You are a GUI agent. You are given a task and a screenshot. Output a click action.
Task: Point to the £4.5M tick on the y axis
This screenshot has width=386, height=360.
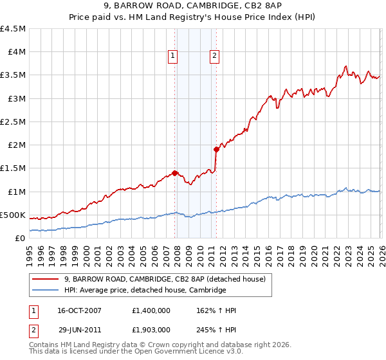click(14, 29)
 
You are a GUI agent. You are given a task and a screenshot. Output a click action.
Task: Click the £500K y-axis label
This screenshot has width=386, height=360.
click(13, 215)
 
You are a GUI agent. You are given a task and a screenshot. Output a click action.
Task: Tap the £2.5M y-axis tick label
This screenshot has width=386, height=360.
click(14, 122)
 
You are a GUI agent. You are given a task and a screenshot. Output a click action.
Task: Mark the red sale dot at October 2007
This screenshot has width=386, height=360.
click(174, 172)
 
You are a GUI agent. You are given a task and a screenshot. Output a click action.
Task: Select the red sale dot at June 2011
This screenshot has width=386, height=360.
click(216, 149)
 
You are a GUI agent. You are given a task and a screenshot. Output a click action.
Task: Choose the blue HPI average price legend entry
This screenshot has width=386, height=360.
click(145, 290)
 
